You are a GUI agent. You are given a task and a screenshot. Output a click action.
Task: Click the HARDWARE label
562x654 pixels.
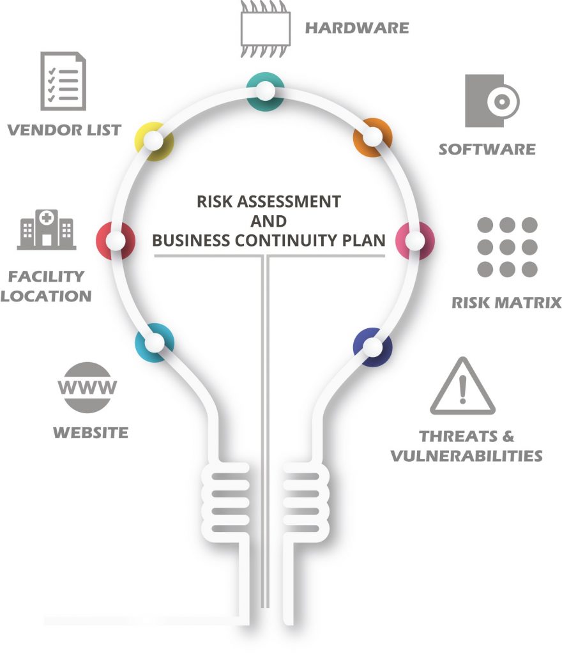point(357,28)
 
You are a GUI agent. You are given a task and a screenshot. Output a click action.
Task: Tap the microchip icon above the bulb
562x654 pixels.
point(265,29)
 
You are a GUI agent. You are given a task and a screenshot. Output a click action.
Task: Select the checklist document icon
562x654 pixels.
point(63,81)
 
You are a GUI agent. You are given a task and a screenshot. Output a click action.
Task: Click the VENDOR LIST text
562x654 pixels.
point(65,130)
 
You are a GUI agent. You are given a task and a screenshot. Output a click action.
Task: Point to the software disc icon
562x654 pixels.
point(492,101)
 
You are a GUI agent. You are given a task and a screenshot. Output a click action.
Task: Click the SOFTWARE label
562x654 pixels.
point(487,149)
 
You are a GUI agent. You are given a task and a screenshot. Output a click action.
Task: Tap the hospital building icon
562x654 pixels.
point(46,229)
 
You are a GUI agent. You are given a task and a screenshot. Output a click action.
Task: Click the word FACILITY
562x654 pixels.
point(46,276)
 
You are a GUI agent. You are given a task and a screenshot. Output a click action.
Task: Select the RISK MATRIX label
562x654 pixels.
point(506,302)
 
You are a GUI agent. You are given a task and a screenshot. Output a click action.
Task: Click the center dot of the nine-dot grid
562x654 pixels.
point(507,247)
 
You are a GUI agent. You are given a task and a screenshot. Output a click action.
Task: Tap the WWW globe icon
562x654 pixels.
point(87,388)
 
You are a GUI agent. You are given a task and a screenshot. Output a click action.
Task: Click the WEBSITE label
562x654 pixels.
point(91,432)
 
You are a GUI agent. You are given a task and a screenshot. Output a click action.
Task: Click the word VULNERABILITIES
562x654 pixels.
point(467,455)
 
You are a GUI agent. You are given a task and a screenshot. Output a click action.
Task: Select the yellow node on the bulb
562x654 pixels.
point(155,141)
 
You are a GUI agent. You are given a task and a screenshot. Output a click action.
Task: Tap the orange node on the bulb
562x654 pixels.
point(373,137)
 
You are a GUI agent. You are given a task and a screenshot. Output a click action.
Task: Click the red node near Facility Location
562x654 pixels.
point(116,241)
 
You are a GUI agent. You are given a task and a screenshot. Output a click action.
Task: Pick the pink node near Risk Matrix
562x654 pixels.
point(415,241)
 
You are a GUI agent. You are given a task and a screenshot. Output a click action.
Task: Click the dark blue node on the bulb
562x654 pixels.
point(373,347)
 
